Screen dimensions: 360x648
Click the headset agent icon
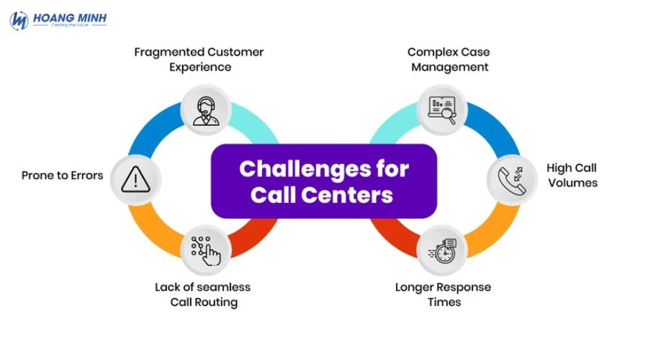point(204,108)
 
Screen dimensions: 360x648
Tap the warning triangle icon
point(134,178)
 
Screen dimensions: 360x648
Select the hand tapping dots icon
point(204,248)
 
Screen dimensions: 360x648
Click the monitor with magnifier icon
point(442,109)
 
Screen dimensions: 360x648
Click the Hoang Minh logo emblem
point(19,20)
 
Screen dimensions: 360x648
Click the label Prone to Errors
point(62,175)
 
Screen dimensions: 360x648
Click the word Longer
point(413,287)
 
